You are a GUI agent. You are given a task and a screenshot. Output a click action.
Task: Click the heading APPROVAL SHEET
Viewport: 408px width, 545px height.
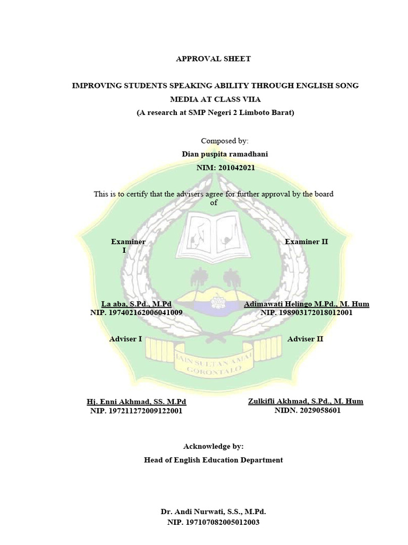click(x=213, y=59)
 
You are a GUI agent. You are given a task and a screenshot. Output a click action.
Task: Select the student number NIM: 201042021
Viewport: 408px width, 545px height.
click(x=226, y=168)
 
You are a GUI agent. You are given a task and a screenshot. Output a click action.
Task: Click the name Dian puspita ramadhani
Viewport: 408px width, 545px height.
click(x=225, y=154)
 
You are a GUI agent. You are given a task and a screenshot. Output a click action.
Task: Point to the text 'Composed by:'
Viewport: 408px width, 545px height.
click(x=224, y=141)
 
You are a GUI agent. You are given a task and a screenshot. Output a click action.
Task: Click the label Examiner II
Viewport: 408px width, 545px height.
click(x=307, y=242)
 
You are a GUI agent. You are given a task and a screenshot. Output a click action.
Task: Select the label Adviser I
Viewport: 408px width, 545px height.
click(x=125, y=339)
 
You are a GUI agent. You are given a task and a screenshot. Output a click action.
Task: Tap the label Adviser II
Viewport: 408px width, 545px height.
click(x=305, y=339)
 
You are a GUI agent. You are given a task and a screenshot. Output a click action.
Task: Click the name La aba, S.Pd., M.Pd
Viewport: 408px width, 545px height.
click(x=137, y=304)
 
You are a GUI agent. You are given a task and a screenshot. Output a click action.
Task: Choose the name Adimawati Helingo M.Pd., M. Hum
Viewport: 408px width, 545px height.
click(x=307, y=304)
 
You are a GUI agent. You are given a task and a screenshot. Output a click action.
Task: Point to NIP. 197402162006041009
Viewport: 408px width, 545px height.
click(x=137, y=313)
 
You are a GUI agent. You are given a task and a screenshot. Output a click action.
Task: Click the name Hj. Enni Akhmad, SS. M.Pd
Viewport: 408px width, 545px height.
click(x=137, y=401)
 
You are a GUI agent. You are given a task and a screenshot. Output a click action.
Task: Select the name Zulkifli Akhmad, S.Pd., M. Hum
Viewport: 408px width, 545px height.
click(x=305, y=401)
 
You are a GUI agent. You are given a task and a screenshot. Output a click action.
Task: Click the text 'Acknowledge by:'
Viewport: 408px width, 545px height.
click(x=213, y=446)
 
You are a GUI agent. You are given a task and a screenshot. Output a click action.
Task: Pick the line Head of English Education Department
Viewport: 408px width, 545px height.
click(x=213, y=460)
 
